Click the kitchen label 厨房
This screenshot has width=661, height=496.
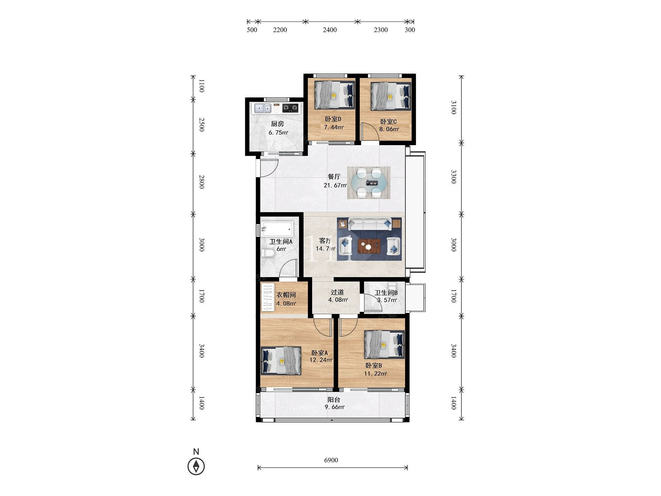(277, 124)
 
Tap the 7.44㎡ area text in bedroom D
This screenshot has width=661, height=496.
(334, 127)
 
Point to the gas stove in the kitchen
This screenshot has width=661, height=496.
(290, 108)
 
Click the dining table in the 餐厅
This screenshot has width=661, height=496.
(368, 183)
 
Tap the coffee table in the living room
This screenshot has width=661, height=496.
(369, 245)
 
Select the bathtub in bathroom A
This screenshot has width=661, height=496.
(277, 228)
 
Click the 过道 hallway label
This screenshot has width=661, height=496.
(337, 292)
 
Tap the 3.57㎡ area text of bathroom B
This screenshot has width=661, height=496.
(387, 300)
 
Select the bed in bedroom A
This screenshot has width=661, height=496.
(281, 361)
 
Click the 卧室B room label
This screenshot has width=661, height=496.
(373, 365)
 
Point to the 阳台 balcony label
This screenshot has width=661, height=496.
(334, 400)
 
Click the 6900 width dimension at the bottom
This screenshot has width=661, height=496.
(331, 460)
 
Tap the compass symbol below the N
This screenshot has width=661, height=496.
(196, 467)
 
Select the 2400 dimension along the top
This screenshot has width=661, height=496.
(330, 30)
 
